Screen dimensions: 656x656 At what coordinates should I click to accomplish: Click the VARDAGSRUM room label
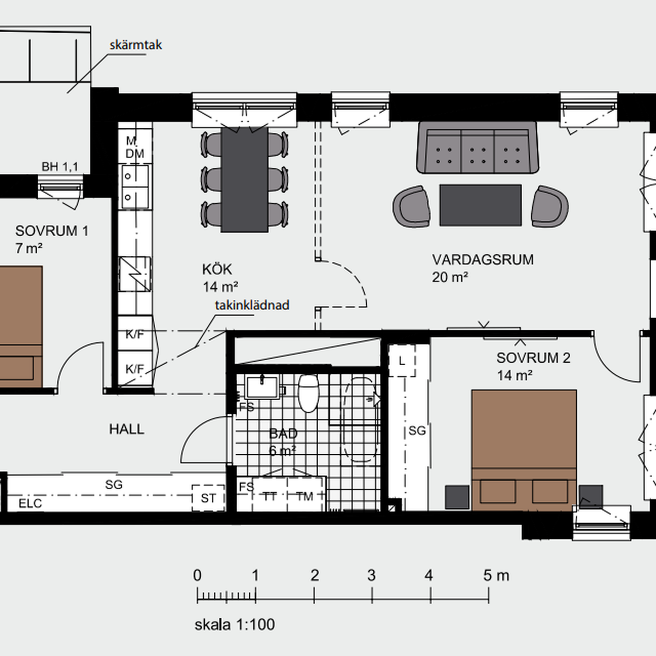483,260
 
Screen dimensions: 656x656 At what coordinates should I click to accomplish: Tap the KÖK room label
217,270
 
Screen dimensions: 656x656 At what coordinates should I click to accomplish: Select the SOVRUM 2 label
533,358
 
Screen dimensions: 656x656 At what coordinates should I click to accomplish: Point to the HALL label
127,429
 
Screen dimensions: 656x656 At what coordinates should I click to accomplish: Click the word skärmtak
136,45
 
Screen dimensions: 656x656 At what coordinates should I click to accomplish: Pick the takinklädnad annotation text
252,305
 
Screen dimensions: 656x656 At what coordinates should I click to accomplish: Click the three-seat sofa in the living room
478,148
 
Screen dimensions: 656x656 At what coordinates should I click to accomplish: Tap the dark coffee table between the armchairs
481,206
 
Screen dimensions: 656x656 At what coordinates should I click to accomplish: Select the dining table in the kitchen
244,180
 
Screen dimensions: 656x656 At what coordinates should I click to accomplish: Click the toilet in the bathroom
308,393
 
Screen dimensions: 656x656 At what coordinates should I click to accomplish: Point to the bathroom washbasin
262,388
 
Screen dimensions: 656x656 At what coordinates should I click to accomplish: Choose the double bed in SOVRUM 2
524,450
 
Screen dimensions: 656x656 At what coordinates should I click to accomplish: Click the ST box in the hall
208,498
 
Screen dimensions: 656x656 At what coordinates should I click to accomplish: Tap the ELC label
30,503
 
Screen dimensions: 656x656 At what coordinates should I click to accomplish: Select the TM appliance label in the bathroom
304,497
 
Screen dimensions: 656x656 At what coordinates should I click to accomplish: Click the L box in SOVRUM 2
402,361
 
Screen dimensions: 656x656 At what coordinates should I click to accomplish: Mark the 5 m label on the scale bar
496,575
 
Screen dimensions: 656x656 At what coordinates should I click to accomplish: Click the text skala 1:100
235,625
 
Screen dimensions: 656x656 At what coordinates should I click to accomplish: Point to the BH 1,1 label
60,167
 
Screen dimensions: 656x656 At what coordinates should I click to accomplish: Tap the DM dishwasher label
135,154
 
